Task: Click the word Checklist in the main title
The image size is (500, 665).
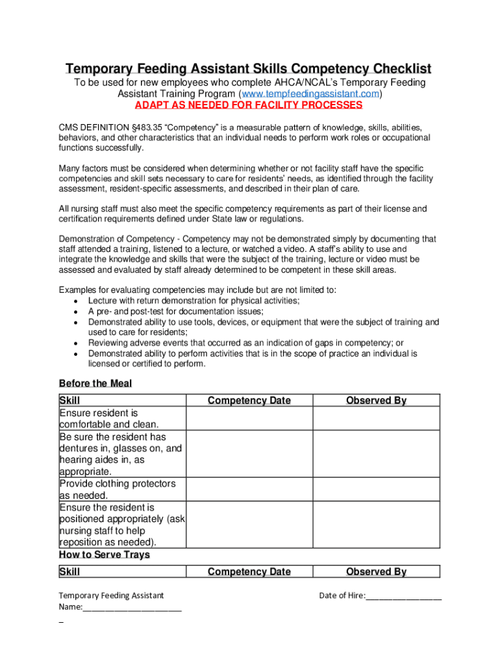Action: (394, 69)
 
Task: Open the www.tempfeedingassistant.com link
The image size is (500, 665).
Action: (310, 94)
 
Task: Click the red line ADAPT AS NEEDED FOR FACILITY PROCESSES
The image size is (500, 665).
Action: (248, 105)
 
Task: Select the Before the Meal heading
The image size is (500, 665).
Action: (95, 383)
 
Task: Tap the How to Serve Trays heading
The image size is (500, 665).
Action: (105, 555)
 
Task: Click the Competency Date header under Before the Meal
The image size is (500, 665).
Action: (249, 401)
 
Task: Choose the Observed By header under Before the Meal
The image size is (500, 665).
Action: (376, 401)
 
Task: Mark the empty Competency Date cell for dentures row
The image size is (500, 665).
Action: (249, 454)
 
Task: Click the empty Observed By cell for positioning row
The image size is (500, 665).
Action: (376, 525)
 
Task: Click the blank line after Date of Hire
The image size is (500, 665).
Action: (403, 596)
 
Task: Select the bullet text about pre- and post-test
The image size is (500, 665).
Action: (176, 311)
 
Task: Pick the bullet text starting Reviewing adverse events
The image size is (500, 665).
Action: (245, 343)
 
